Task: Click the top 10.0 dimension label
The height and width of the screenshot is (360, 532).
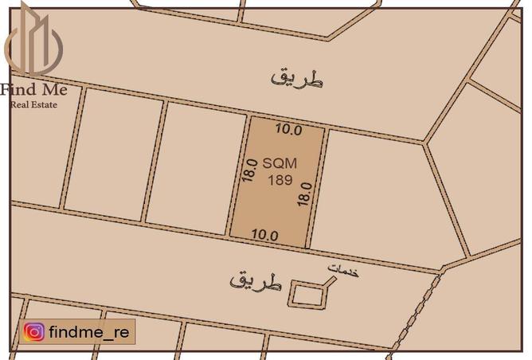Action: click(x=288, y=128)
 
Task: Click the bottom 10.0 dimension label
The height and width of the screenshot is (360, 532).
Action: click(x=264, y=235)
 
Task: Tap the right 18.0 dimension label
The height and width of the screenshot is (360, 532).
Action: click(x=303, y=192)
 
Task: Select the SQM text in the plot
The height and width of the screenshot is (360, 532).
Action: click(x=279, y=162)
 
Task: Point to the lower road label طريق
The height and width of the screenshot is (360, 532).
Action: click(x=256, y=280)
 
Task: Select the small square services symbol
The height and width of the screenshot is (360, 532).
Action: click(x=307, y=294)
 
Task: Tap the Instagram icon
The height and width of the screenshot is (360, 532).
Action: click(x=33, y=332)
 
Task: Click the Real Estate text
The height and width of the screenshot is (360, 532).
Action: click(x=33, y=104)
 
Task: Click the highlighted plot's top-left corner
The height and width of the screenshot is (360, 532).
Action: click(x=252, y=118)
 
